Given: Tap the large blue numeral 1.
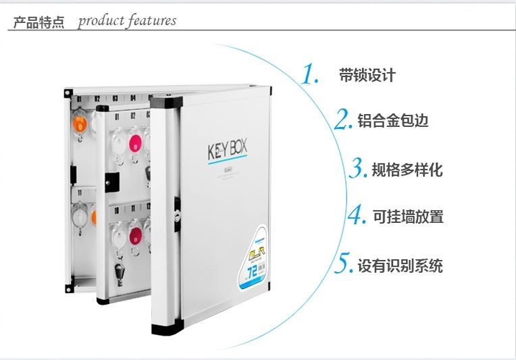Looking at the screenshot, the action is pyautogui.click(x=310, y=74).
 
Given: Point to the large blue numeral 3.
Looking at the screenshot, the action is pyautogui.click(x=359, y=167).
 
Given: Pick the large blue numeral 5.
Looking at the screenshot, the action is pyautogui.click(x=343, y=262).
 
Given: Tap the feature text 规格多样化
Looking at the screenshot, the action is pyautogui.click(x=407, y=170).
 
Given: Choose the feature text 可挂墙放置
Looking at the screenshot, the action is pyautogui.click(x=408, y=217).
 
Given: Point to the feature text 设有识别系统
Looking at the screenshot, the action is pyautogui.click(x=400, y=265).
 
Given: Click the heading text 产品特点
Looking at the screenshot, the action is pyautogui.click(x=39, y=22).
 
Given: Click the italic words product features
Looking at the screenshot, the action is pyautogui.click(x=127, y=21).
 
